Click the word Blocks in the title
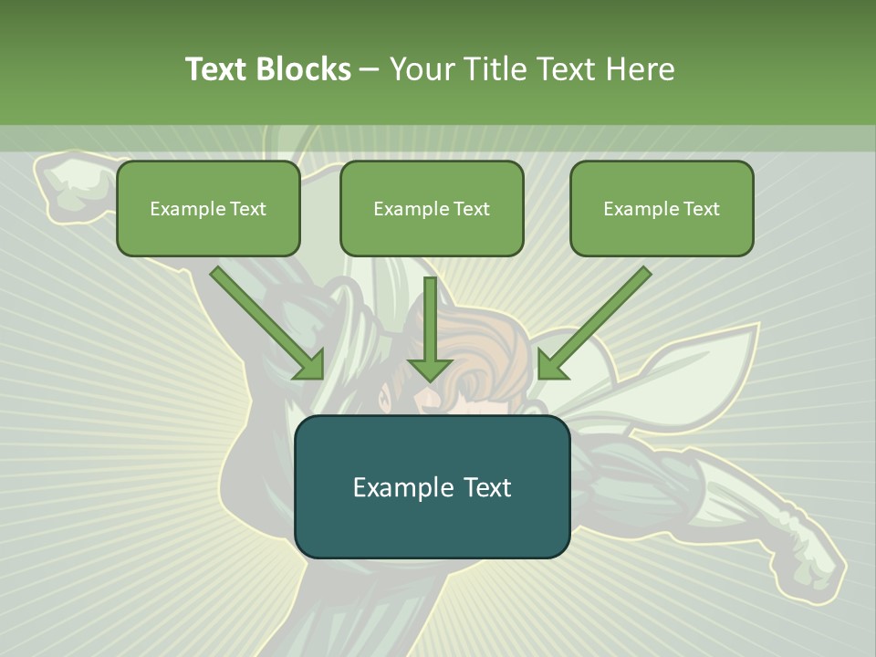click(306, 69)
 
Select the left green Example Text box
click(208, 208)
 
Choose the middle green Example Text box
click(432, 208)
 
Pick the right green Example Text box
click(662, 208)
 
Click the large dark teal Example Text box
click(432, 486)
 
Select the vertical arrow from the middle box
click(430, 319)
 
